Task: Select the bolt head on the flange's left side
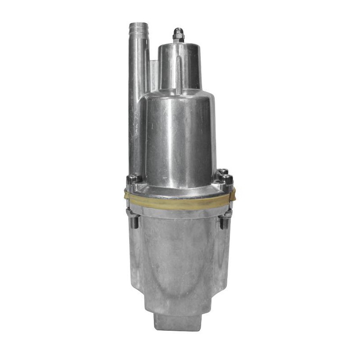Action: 133,180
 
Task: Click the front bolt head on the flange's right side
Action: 226,180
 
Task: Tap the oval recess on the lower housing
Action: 180,265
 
